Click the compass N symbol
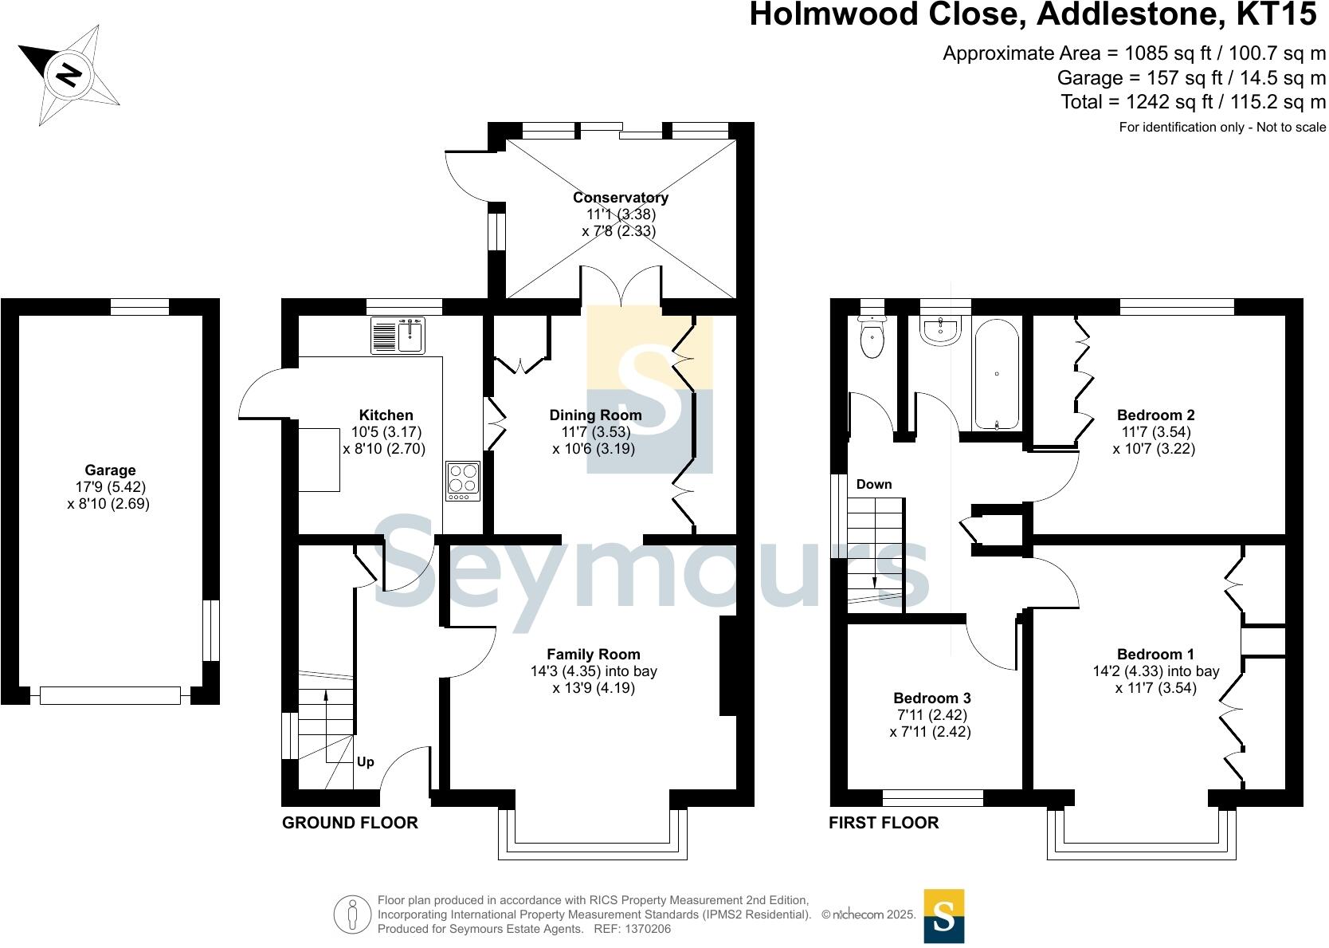[x=69, y=75]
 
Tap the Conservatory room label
[x=620, y=198]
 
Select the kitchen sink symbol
[x=398, y=335]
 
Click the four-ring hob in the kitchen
[x=463, y=482]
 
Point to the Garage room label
[x=110, y=470]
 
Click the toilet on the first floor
[x=874, y=338]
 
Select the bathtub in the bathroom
[x=996, y=375]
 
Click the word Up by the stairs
[x=365, y=761]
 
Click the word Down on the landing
[x=874, y=484]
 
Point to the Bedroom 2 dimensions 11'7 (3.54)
[x=1155, y=431]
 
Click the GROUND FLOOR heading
[x=350, y=823]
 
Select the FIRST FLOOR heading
[x=884, y=823]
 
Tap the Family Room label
[x=594, y=655]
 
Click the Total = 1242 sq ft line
[x=1193, y=102]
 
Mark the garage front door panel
[x=110, y=696]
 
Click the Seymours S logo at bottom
[x=943, y=916]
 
